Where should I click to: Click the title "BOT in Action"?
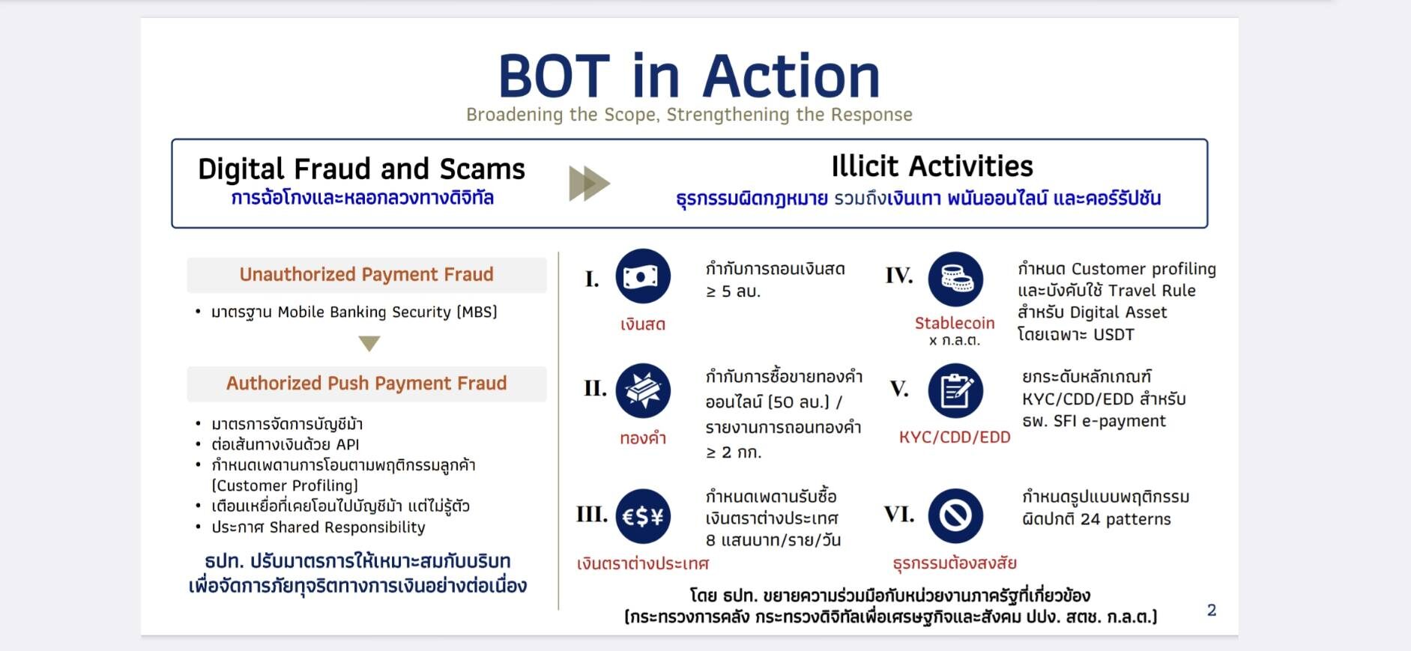point(689,76)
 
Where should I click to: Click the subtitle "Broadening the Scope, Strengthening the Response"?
point(689,115)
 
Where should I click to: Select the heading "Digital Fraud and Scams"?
point(361,169)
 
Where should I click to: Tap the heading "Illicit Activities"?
point(932,166)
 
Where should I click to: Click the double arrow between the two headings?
point(590,184)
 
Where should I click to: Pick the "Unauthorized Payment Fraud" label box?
point(366,275)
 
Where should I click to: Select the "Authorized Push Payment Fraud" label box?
point(366,384)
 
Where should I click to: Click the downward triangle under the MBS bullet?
point(369,343)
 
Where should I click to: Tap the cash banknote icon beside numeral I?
point(643,276)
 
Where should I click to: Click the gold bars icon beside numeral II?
point(643,390)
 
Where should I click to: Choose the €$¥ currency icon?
point(643,515)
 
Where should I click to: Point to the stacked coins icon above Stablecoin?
point(955,279)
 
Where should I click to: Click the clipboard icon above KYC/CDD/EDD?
point(955,390)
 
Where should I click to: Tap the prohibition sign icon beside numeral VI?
point(955,515)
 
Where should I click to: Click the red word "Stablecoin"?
point(955,323)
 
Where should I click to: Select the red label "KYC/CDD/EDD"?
point(955,437)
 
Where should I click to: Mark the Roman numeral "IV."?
point(899,276)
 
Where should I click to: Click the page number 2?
point(1212,610)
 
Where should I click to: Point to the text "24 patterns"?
point(1126,519)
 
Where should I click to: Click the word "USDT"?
point(1114,335)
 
